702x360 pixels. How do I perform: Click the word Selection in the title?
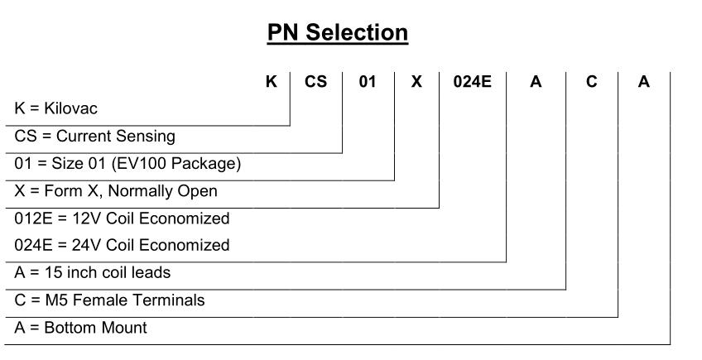click(x=357, y=32)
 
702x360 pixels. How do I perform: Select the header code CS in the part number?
click(x=315, y=81)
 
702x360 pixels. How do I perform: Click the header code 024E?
click(x=473, y=81)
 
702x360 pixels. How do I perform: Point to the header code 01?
click(x=368, y=81)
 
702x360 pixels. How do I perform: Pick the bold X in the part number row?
click(x=416, y=81)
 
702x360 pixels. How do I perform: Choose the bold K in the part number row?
click(x=272, y=81)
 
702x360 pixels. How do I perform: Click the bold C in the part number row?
click(x=591, y=81)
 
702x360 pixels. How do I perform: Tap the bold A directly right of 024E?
click(x=536, y=81)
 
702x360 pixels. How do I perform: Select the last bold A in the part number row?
click(x=643, y=81)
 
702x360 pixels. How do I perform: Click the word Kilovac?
click(x=70, y=108)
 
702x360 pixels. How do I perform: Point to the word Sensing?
click(x=146, y=137)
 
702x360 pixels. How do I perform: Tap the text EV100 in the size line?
click(x=139, y=163)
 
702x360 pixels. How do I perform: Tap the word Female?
click(x=99, y=300)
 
